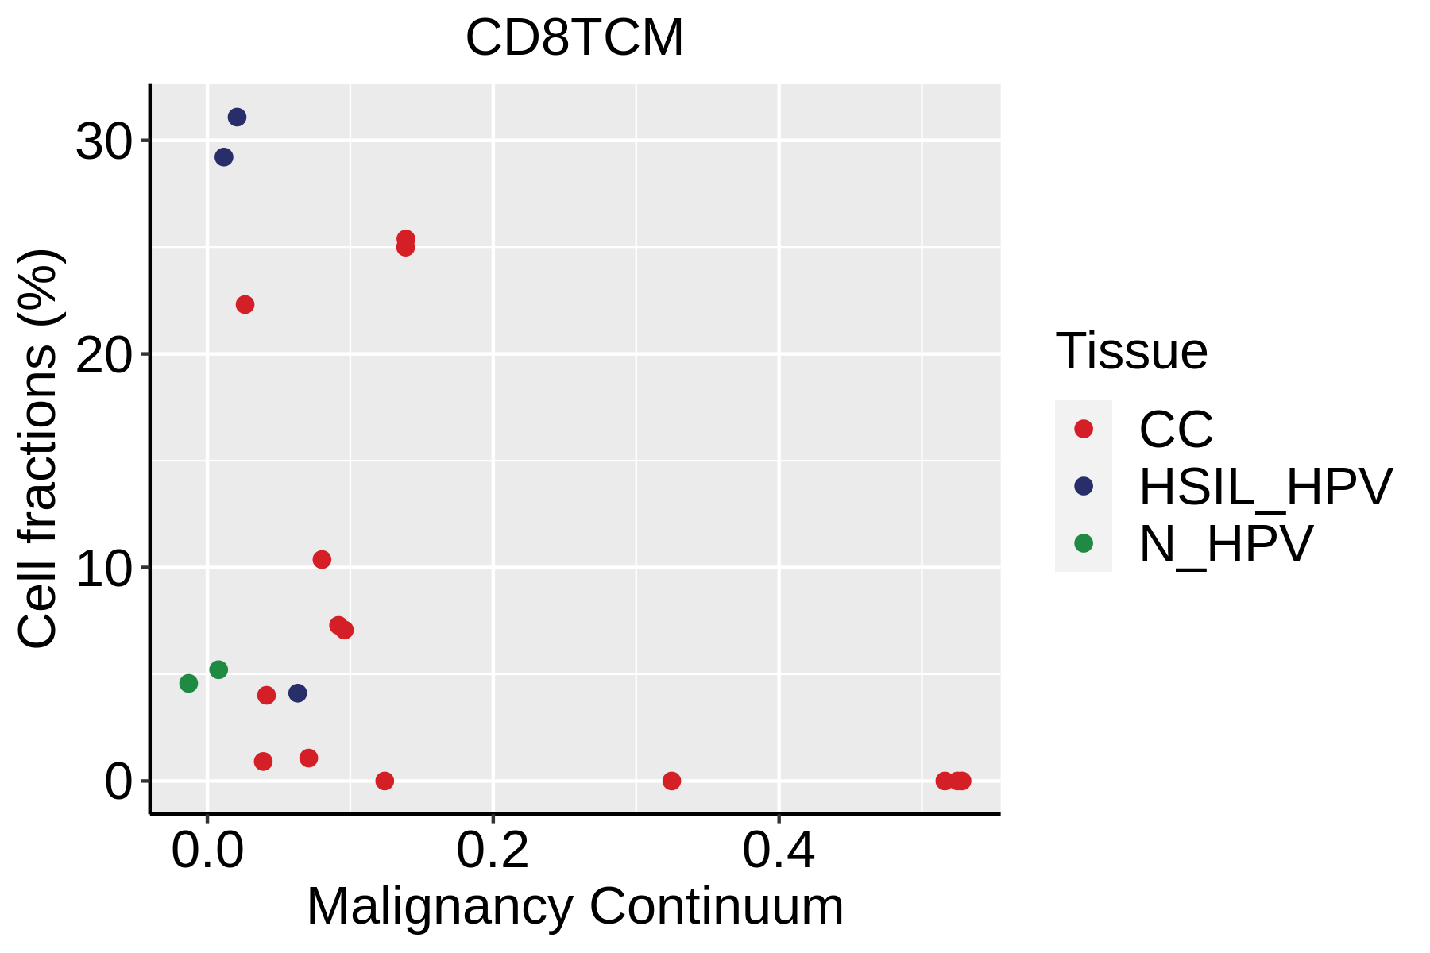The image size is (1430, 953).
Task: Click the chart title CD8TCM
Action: coord(574,37)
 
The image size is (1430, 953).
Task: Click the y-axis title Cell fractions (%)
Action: coord(37,449)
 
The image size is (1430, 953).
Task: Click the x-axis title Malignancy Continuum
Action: coord(574,906)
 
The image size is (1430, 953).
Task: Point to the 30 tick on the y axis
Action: coord(102,142)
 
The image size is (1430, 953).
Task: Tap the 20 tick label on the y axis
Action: coord(102,355)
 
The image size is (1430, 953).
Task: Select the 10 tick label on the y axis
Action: coord(102,569)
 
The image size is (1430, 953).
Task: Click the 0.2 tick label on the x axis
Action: coord(493,851)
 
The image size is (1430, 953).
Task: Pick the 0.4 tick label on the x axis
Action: coord(779,851)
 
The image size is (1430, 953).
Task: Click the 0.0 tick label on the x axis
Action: coord(207,851)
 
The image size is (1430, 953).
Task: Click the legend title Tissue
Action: coord(1131,351)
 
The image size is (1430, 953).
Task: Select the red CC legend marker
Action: coord(1084,429)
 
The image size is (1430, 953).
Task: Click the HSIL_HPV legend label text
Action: coord(1266,487)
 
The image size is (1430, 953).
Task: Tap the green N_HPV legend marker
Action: coord(1084,543)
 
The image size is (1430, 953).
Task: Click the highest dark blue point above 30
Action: coord(237,118)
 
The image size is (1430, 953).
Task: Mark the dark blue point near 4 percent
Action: coord(298,693)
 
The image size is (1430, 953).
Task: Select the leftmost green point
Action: coord(188,683)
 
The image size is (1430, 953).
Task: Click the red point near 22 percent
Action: coord(245,305)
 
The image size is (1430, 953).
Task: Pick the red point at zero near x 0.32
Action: coord(671,781)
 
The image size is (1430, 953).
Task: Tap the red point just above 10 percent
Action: coord(322,560)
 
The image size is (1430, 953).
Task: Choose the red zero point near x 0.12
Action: coord(385,781)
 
